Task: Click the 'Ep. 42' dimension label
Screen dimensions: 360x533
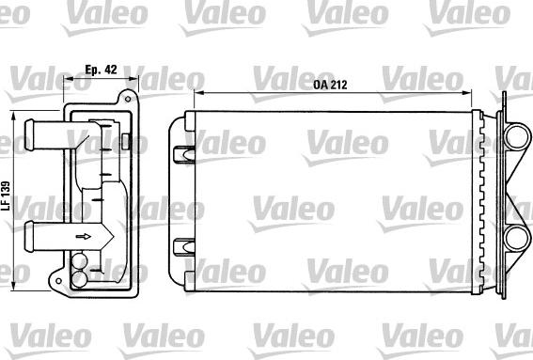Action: click(100, 69)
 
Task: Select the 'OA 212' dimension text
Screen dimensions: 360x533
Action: click(330, 86)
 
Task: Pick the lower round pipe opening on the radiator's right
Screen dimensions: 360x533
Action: click(515, 241)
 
